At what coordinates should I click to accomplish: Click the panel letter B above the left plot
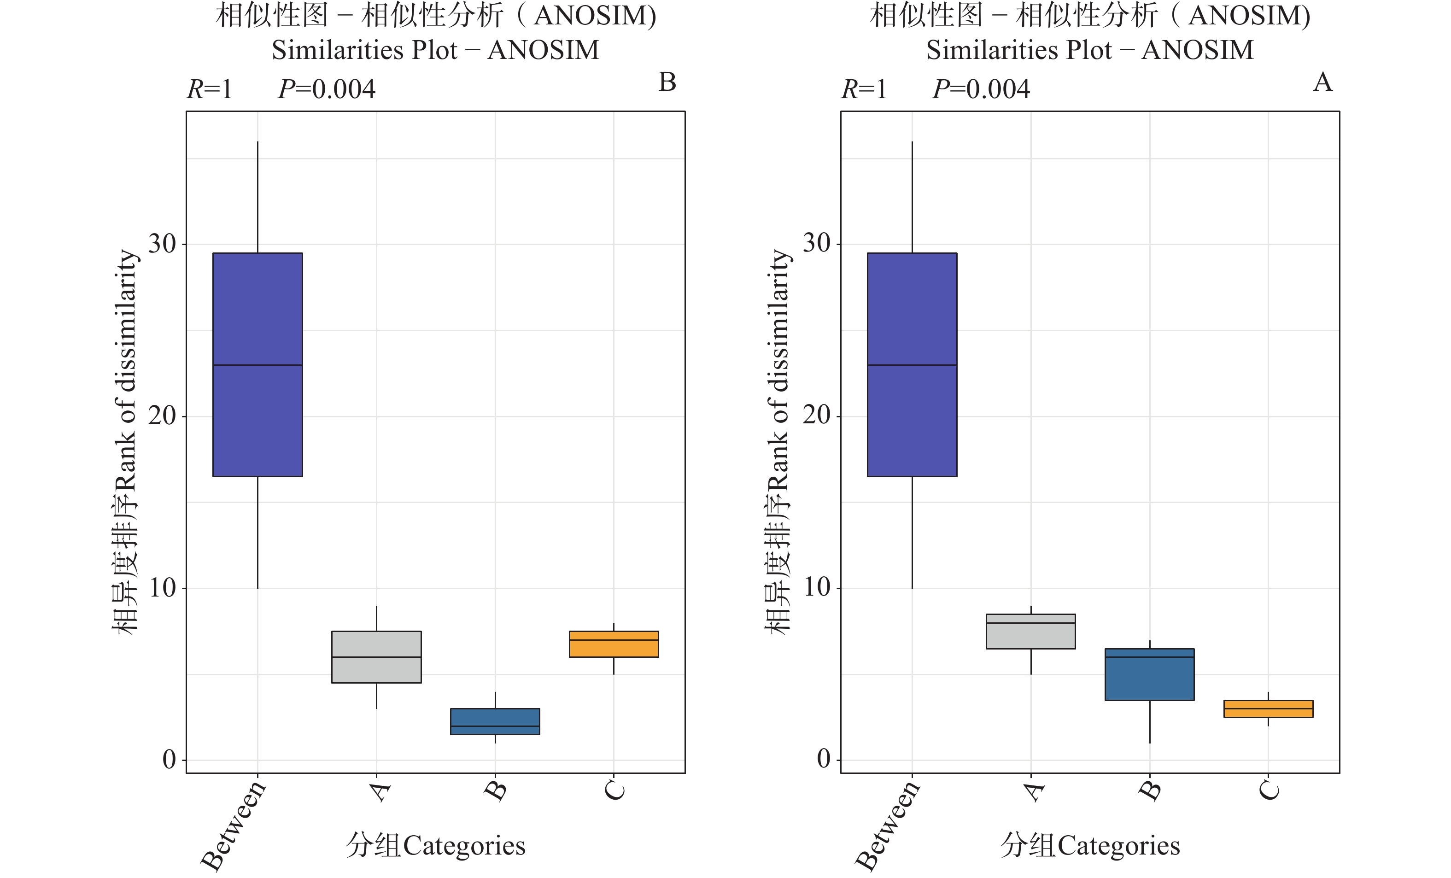(x=667, y=82)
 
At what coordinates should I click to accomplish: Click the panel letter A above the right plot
(x=1322, y=82)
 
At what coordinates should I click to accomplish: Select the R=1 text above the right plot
(x=864, y=89)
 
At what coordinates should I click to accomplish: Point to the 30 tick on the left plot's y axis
(x=162, y=244)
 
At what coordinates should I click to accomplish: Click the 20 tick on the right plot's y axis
(x=816, y=416)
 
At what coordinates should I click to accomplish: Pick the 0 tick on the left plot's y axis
(x=169, y=760)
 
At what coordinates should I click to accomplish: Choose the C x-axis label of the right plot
(x=1269, y=791)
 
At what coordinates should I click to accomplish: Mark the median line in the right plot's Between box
(x=912, y=365)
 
